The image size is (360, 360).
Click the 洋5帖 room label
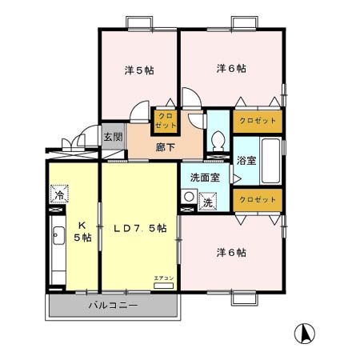[x=139, y=70]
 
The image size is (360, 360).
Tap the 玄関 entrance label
[x=113, y=137]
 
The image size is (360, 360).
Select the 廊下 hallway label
[x=166, y=147]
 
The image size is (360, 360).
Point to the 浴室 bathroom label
[x=246, y=160]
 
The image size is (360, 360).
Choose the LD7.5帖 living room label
[x=140, y=227]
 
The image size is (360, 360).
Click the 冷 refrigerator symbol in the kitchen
[x=59, y=194]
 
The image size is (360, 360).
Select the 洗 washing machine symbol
[x=207, y=203]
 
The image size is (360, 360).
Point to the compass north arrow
[x=305, y=332]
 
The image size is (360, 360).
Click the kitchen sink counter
[x=58, y=248]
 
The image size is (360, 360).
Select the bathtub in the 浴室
[x=270, y=159]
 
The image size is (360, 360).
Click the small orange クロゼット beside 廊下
[x=166, y=121]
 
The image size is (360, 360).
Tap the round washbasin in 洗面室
[x=189, y=196]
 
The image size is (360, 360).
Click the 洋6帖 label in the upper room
[x=231, y=69]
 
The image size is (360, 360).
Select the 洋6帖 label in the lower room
[x=231, y=252]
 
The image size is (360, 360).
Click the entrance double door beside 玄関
[x=74, y=143]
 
